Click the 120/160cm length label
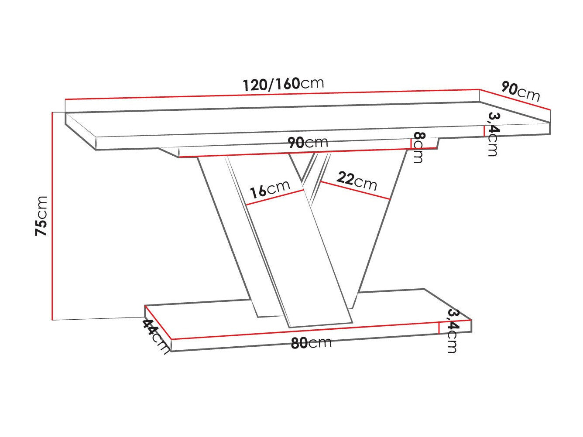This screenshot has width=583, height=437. coord(283,84)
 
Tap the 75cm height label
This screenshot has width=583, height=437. coord(41,216)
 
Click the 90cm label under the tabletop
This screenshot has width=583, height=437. coord(307,142)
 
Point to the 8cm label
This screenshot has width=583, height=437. coord(418,147)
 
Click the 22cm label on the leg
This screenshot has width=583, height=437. coord(357,180)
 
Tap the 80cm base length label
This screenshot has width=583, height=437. coord(311,343)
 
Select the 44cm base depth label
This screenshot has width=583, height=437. coord(155,336)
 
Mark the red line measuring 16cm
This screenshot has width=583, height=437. coord(275,197)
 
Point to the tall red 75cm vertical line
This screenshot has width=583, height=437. coord(52,216)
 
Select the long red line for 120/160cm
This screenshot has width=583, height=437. coord(272,95)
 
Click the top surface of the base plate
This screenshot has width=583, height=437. coord(393,305)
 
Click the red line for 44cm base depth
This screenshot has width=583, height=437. coord(158,322)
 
